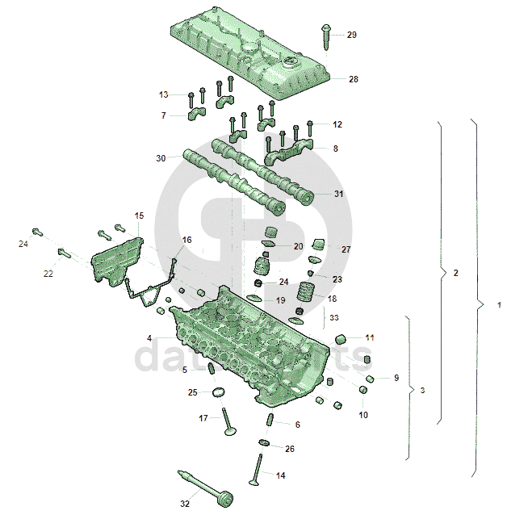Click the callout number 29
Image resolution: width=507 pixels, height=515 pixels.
[351, 35]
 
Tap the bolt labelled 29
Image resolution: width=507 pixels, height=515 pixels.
[325, 33]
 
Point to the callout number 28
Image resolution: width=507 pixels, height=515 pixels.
[354, 79]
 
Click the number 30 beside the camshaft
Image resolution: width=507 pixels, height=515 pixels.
[160, 158]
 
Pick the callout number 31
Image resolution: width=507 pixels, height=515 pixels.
[338, 194]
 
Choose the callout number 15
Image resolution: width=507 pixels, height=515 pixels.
[139, 216]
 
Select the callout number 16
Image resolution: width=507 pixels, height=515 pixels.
[187, 240]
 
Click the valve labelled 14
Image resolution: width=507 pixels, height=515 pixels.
[258, 471]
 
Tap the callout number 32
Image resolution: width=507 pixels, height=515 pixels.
[184, 504]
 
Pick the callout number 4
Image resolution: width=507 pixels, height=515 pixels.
[149, 337]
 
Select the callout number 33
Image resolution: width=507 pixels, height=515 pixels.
[334, 317]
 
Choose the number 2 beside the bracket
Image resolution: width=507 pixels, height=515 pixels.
[456, 274]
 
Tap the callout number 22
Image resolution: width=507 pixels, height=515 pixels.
[48, 274]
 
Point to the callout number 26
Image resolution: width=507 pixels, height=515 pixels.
[290, 448]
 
